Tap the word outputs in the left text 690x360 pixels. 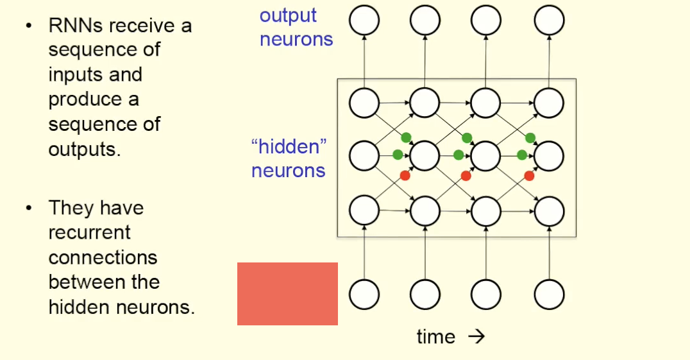[x=83, y=149]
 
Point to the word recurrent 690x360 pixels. [x=89, y=232]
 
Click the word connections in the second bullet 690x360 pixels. [x=103, y=257]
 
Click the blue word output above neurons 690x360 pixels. [x=288, y=15]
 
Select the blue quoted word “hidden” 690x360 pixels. [x=289, y=147]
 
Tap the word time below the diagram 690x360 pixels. [x=436, y=337]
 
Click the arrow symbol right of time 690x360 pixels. [x=476, y=337]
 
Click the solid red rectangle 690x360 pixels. [x=287, y=293]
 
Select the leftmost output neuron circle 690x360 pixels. [x=364, y=21]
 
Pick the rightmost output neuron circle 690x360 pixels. [x=550, y=21]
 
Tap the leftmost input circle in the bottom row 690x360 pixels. [x=364, y=295]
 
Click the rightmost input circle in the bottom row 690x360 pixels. [x=550, y=295]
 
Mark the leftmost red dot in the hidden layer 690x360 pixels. [x=405, y=175]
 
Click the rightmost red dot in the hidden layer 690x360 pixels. [x=529, y=175]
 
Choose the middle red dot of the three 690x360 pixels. [x=466, y=175]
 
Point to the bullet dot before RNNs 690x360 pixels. [x=28, y=26]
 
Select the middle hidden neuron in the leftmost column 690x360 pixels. [x=364, y=155]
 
